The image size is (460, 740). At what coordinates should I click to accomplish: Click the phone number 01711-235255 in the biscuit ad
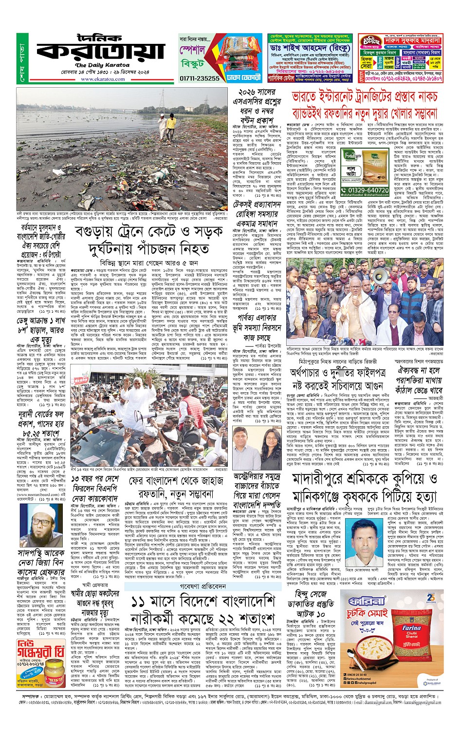coord(200,78)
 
